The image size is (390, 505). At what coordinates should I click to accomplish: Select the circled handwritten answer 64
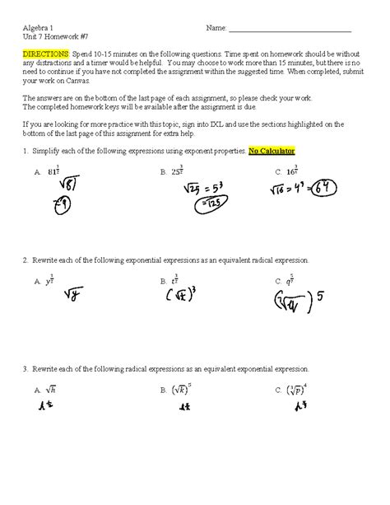click(333, 189)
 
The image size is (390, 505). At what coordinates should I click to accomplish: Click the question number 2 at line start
click(26, 260)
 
